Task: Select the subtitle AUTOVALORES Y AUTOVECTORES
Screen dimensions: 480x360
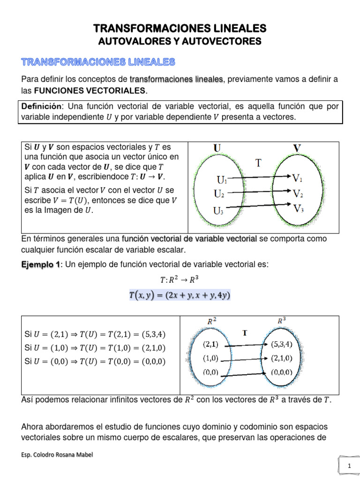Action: click(x=180, y=42)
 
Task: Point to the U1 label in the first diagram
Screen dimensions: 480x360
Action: click(x=222, y=180)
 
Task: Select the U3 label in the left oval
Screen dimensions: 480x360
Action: click(x=219, y=210)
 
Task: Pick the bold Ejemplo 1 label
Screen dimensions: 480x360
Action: click(x=41, y=265)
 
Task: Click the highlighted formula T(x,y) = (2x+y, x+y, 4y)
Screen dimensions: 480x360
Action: click(x=180, y=295)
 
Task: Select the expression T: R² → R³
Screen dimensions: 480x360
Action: click(x=180, y=280)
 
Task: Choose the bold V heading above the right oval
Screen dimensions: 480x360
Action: click(x=297, y=149)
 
